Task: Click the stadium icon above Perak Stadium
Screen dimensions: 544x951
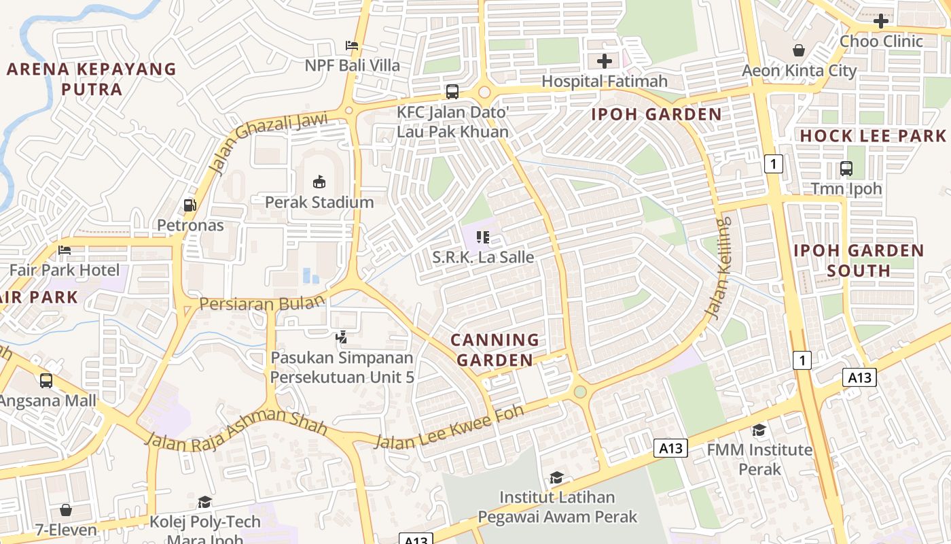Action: click(x=319, y=182)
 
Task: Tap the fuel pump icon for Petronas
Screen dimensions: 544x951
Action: click(x=190, y=205)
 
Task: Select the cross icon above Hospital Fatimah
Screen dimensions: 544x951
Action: click(x=604, y=61)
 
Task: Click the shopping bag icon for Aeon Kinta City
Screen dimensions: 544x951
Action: click(x=799, y=50)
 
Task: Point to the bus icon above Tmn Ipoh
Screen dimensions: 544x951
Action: click(x=846, y=168)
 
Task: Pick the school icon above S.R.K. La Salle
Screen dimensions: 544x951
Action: click(x=483, y=237)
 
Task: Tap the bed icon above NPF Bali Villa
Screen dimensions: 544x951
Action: click(x=352, y=46)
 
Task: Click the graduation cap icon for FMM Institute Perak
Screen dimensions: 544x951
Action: click(x=759, y=430)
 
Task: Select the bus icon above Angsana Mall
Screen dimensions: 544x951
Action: click(x=46, y=381)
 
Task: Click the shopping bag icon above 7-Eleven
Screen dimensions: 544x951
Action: click(x=66, y=509)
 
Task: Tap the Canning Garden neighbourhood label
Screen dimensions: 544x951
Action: click(x=495, y=350)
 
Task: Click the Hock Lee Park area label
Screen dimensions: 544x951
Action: click(x=873, y=135)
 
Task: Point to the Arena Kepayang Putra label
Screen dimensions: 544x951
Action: click(x=92, y=79)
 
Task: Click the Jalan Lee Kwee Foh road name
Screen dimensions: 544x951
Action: click(x=450, y=426)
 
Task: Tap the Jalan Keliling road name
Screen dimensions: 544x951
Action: click(x=719, y=268)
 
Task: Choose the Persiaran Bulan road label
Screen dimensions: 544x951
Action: click(x=258, y=303)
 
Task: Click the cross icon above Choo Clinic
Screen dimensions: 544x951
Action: click(x=881, y=21)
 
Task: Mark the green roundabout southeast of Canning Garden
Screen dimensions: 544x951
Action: click(x=579, y=392)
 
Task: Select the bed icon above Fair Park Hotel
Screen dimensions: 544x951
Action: click(x=65, y=250)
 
